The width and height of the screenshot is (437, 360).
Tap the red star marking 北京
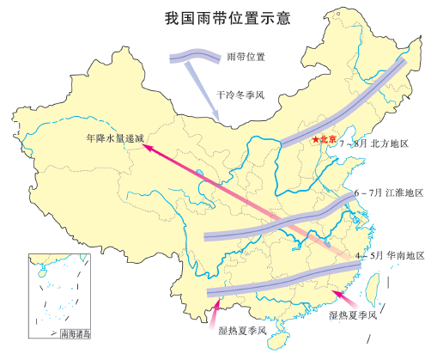click(x=316, y=139)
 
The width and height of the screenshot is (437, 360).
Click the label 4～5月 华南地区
click(x=391, y=256)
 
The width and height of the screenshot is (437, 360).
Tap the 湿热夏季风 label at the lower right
click(x=352, y=316)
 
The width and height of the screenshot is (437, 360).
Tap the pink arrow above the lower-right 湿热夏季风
click(x=343, y=296)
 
